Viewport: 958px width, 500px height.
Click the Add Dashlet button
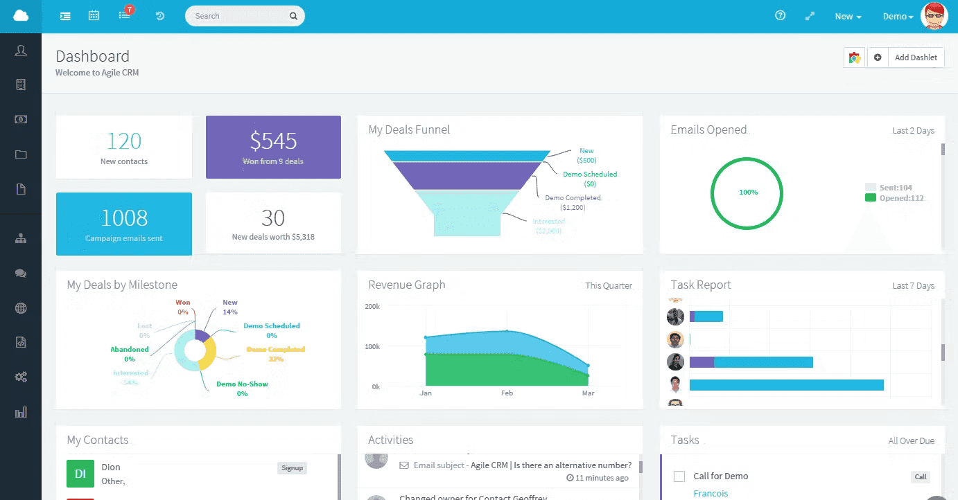[915, 57]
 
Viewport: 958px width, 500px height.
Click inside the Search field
[239, 16]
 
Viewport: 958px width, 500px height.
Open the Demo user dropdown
[898, 17]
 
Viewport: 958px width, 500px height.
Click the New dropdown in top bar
[848, 17]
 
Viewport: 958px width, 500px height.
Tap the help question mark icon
[780, 16]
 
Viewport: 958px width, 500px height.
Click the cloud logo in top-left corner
[21, 16]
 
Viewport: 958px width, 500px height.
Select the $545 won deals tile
[273, 147]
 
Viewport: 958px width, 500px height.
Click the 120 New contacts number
[124, 141]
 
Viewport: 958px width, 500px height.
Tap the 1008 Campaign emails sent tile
[124, 224]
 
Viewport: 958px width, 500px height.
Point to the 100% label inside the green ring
[748, 193]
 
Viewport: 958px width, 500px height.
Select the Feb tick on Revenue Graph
[507, 393]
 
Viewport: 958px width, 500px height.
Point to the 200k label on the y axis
[372, 306]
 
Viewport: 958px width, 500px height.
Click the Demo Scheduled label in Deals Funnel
[589, 175]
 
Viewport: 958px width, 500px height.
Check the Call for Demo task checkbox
[679, 476]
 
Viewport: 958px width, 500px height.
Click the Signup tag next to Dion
[292, 468]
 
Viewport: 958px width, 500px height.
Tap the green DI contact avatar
[80, 474]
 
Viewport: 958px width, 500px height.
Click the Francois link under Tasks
[711, 493]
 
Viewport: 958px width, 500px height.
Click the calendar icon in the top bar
[94, 16]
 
